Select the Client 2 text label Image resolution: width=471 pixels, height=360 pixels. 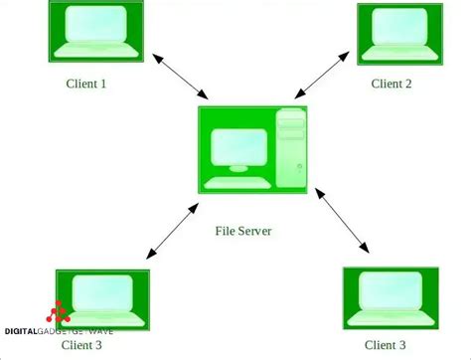point(392,84)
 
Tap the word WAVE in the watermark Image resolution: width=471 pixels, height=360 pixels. point(100,330)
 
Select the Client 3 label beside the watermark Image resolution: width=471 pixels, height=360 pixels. point(82,344)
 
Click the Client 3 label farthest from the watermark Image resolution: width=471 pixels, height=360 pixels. point(385,344)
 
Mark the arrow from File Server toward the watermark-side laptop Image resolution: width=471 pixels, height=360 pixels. point(168,229)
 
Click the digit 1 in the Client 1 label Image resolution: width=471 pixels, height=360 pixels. point(103,84)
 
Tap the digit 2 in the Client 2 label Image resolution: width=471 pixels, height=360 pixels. point(408,84)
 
